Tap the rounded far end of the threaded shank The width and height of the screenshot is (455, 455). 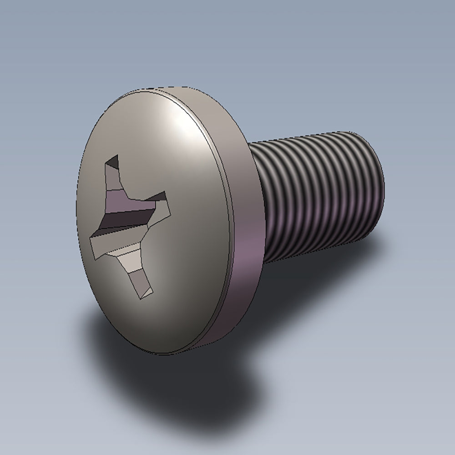[375, 182]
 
